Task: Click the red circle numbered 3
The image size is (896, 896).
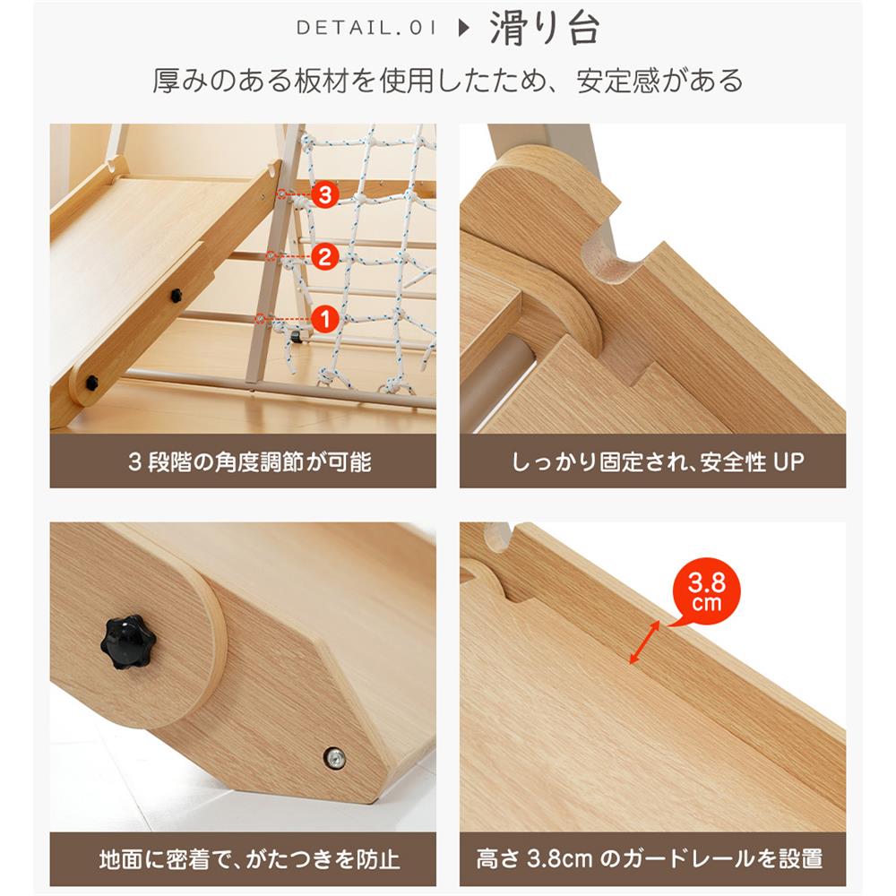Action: (x=324, y=194)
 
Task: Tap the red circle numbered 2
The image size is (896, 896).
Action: (x=324, y=258)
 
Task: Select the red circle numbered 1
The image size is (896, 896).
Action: (x=324, y=317)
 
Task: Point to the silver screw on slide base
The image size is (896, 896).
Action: (x=334, y=758)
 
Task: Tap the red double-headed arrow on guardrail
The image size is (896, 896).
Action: (x=645, y=642)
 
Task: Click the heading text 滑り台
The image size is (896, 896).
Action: (x=544, y=29)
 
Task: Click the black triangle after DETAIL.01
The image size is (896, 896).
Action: (x=463, y=29)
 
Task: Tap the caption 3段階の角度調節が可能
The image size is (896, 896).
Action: (x=243, y=462)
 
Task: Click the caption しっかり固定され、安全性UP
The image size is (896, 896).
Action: (x=658, y=462)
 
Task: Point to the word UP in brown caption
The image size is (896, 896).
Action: (x=788, y=462)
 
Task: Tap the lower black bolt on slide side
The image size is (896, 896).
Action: (x=92, y=383)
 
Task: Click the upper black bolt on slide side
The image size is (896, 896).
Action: (x=177, y=295)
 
